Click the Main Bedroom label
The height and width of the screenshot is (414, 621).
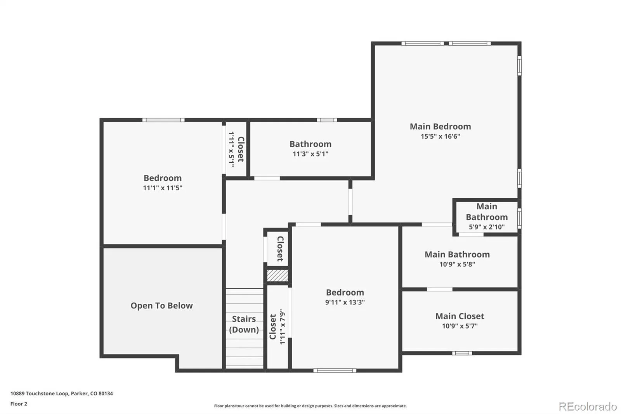[x=440, y=127]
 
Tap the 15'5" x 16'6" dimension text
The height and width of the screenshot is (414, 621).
[x=440, y=136]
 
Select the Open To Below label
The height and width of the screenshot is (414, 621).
[x=161, y=306]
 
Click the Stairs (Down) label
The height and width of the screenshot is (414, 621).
[x=244, y=324]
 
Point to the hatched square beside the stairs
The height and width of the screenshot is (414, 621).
[x=278, y=275]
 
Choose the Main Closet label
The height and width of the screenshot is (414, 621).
[x=460, y=316]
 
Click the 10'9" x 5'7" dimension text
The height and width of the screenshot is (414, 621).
[x=460, y=326]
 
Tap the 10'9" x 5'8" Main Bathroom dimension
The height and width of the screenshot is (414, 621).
[x=457, y=264]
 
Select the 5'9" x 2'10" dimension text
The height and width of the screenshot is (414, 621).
[x=487, y=227]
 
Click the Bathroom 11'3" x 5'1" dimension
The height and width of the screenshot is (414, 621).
[x=310, y=154]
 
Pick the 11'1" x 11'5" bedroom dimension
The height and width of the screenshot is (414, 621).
[x=163, y=188]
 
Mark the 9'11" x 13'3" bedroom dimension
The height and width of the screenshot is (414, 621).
[x=345, y=302]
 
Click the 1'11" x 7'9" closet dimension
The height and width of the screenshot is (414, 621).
[x=282, y=327]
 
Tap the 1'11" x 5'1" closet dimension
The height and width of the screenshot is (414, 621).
[x=231, y=149]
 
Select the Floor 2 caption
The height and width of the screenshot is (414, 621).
[x=19, y=404]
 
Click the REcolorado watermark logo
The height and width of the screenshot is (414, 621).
[x=588, y=407]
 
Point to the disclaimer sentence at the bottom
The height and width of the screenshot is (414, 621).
[x=310, y=406]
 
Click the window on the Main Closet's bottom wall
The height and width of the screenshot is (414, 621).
[x=462, y=353]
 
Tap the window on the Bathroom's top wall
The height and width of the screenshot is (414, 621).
[x=327, y=120]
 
